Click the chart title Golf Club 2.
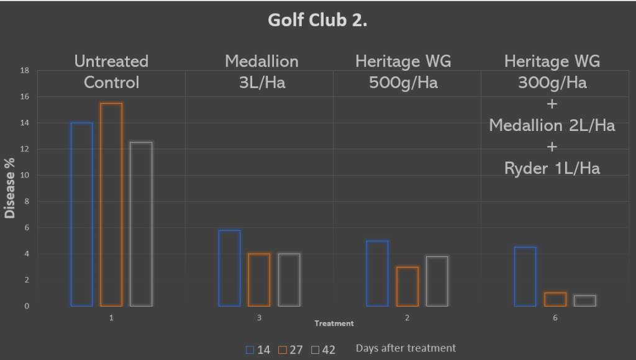(317, 20)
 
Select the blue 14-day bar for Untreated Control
(81, 214)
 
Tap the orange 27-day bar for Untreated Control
(111, 204)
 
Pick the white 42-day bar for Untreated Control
(141, 224)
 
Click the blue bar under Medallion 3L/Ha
(229, 268)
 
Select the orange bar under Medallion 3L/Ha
(259, 279)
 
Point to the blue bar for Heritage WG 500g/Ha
(377, 273)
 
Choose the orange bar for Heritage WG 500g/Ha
(407, 286)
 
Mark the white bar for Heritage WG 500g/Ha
(437, 281)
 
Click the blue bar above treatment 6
(525, 276)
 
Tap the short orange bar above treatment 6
(555, 299)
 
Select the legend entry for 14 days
(258, 349)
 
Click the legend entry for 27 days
(291, 349)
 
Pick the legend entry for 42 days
(323, 349)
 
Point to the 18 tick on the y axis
(25, 71)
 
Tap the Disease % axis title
(10, 187)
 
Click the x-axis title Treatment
(334, 323)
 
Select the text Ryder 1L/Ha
(552, 168)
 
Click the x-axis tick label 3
(259, 318)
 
